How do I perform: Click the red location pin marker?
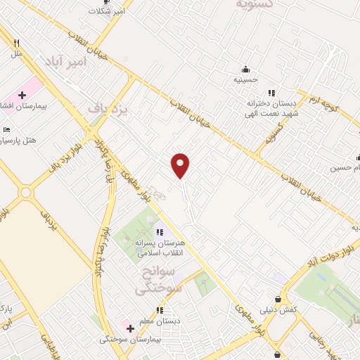181,165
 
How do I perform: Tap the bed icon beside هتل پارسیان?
7,130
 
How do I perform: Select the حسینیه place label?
246,79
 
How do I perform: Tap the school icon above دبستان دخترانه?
271,92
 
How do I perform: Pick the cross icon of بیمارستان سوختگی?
129,328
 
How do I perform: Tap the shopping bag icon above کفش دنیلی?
280,299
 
